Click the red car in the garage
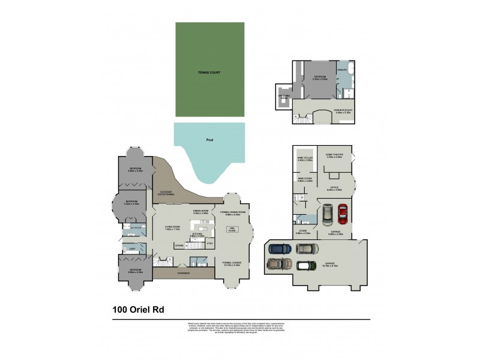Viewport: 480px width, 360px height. pyautogui.click(x=342, y=213)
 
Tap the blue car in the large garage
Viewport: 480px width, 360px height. pyautogui.click(x=279, y=248)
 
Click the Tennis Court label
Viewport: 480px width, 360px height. pyautogui.click(x=209, y=73)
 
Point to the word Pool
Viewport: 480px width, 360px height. pyautogui.click(x=209, y=140)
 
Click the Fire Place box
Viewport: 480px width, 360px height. pyautogui.click(x=230, y=229)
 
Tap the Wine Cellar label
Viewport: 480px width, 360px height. pyautogui.click(x=305, y=159)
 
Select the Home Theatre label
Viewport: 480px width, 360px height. pyautogui.click(x=334, y=156)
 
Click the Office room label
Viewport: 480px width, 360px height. pyautogui.click(x=334, y=188)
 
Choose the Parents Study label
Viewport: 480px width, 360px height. pyautogui.click(x=343, y=110)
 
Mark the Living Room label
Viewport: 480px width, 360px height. pyautogui.click(x=173, y=228)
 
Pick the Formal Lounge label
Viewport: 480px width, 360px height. pyautogui.click(x=231, y=263)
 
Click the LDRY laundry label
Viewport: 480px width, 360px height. pyautogui.click(x=132, y=248)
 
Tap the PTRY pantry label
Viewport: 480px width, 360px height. pyautogui.click(x=209, y=244)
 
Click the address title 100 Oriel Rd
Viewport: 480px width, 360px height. pyautogui.click(x=138, y=310)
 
